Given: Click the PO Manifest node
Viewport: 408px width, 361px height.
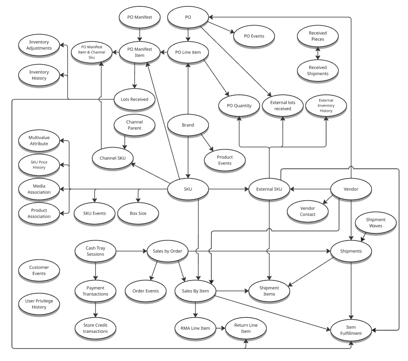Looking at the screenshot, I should click(139, 17).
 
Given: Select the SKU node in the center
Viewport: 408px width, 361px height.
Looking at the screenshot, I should click(188, 189).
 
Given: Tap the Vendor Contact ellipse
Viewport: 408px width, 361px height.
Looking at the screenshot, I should click(307, 211).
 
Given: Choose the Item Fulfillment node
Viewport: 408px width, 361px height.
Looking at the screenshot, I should click(351, 330).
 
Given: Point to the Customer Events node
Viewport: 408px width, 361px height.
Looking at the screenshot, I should click(39, 270).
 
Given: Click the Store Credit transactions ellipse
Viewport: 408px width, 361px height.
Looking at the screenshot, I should click(95, 328).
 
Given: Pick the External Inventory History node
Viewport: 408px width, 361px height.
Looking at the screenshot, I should click(326, 105).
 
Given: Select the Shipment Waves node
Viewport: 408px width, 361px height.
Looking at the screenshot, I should click(376, 223).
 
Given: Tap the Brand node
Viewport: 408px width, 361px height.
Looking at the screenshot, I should click(188, 125).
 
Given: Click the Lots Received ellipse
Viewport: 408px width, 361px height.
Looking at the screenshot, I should click(134, 99).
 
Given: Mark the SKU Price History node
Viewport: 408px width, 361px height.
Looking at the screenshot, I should click(39, 165).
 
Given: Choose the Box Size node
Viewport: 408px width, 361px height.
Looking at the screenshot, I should click(138, 213).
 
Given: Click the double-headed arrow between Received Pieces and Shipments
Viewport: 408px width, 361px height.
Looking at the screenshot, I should click(318, 53).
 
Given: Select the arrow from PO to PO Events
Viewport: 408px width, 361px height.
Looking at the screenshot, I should click(221, 28).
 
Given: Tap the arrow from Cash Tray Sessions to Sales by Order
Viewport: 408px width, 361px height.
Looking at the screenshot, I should click(131, 251).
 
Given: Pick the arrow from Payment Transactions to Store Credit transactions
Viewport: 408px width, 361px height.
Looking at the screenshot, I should click(95, 309).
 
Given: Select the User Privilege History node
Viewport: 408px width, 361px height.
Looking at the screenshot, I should click(39, 304).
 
